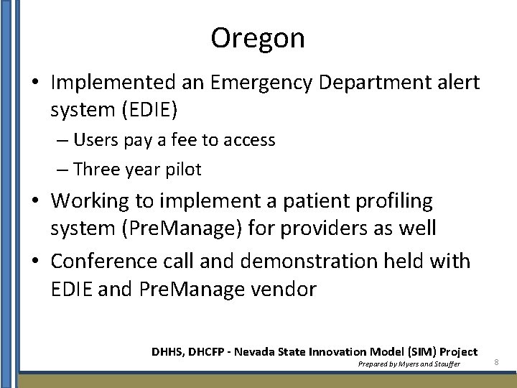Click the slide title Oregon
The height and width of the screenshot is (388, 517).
tap(258, 38)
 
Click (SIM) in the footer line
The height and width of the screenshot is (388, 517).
tap(421, 351)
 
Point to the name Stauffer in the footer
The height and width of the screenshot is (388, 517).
tap(444, 364)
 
